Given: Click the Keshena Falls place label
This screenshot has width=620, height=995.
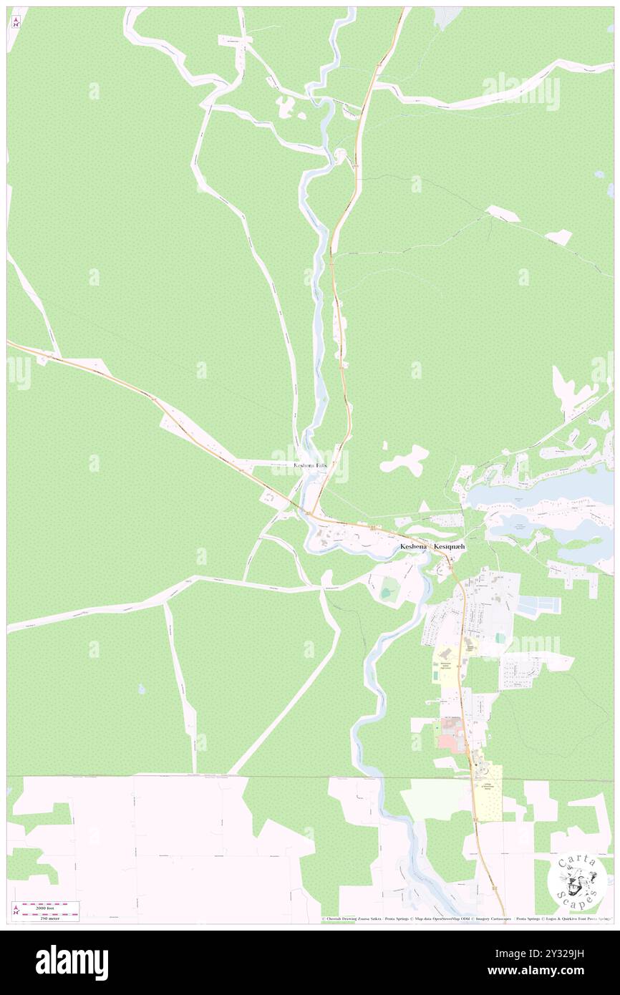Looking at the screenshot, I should click(311, 465).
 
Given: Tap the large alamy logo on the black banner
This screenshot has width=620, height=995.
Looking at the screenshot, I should click(72, 962).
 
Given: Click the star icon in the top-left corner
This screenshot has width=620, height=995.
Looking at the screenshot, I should click(16, 22).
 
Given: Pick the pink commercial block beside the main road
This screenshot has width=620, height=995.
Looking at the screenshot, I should click(447, 742).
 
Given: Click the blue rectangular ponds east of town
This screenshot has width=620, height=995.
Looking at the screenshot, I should click(538, 606).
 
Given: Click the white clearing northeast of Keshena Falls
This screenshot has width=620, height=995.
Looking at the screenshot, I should click(405, 458).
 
